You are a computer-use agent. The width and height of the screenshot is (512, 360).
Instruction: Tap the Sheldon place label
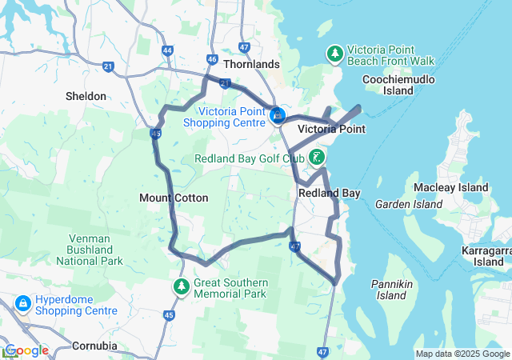point(86,96)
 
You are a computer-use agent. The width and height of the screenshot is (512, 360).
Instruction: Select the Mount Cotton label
point(174,198)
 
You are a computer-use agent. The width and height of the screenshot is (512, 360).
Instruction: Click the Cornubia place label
point(94,346)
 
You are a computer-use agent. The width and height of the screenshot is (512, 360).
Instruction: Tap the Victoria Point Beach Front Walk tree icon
point(335,54)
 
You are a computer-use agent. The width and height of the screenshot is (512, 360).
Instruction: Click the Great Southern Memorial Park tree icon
point(182,285)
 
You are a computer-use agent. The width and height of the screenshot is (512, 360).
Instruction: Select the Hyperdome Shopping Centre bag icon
point(22,303)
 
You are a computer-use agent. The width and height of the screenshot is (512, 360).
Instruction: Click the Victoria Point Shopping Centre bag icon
point(278,117)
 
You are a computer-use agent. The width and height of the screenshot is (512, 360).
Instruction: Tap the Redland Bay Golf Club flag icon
point(318,157)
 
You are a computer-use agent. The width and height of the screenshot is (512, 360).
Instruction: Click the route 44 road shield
point(167,50)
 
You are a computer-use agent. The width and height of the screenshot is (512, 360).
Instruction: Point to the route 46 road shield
point(211,59)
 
